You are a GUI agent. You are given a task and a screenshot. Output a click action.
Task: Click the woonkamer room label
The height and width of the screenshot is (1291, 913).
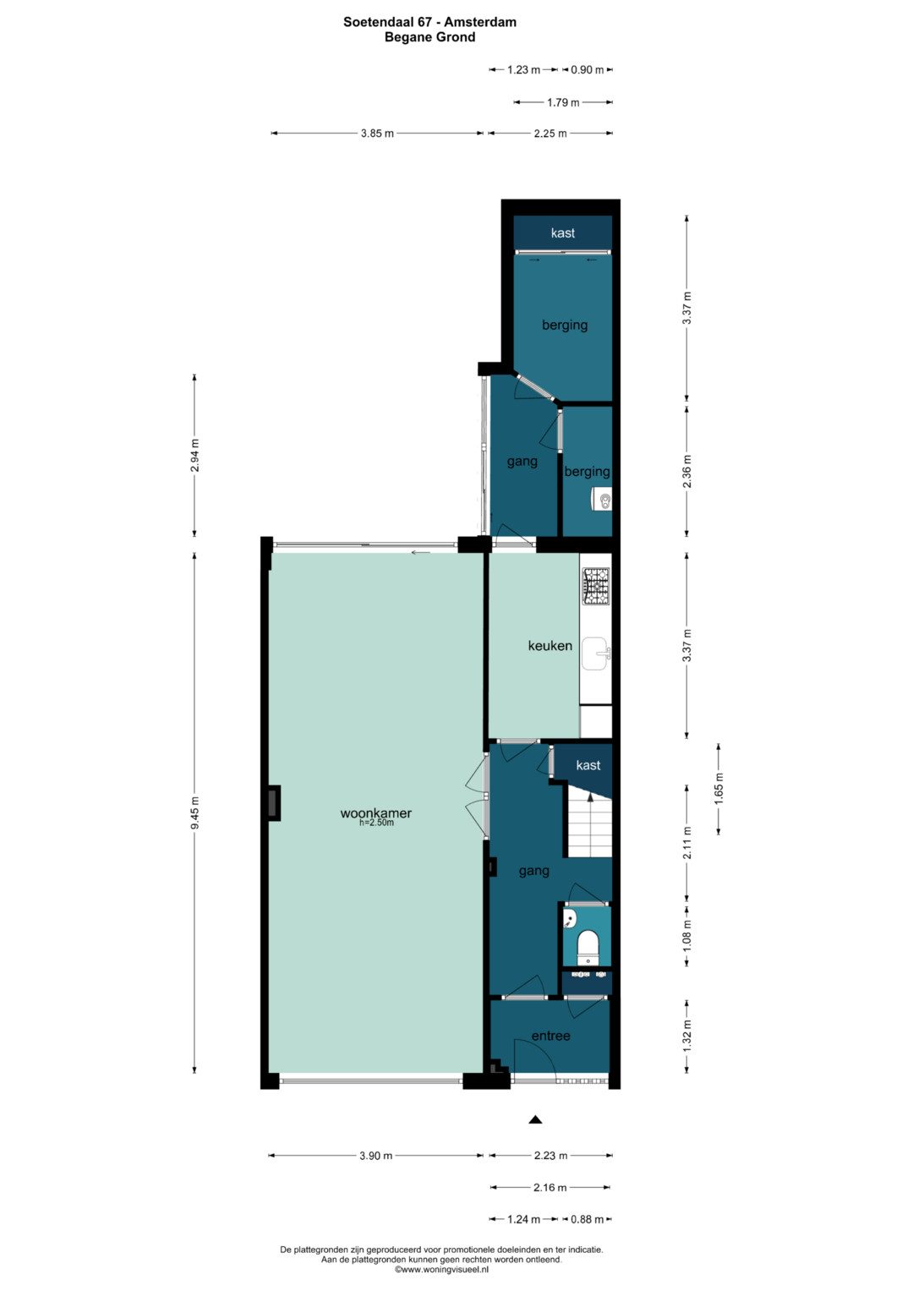[376, 813]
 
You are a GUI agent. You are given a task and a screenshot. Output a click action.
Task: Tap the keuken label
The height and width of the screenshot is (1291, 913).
[549, 646]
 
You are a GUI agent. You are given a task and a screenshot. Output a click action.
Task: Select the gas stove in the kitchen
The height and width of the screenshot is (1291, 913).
[597, 586]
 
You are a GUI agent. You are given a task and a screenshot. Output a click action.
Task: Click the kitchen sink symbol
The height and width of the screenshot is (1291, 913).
[597, 654]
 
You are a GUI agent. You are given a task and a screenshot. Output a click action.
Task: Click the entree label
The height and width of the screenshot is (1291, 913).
[550, 1036]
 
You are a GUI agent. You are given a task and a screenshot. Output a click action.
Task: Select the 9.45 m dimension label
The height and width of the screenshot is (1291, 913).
[195, 812]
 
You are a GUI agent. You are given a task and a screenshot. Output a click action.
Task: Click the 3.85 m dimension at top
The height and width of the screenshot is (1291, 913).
[378, 134]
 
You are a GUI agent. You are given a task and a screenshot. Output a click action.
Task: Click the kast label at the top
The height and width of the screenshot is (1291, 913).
[562, 232]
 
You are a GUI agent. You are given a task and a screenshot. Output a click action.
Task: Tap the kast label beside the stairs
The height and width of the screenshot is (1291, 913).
[588, 765]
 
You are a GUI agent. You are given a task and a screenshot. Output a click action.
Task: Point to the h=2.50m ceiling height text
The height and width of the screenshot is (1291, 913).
[376, 823]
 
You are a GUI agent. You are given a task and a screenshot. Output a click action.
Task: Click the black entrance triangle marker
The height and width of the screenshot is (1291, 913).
[536, 1119]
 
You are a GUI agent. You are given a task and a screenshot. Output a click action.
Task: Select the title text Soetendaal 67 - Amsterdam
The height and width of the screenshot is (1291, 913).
[430, 22]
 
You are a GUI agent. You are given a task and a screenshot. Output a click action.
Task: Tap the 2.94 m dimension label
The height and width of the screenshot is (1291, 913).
[195, 456]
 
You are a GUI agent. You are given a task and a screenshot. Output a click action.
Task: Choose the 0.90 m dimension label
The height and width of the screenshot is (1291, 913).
[588, 69]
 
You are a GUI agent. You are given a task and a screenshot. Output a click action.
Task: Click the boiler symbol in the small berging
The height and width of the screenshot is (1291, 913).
[602, 499]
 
